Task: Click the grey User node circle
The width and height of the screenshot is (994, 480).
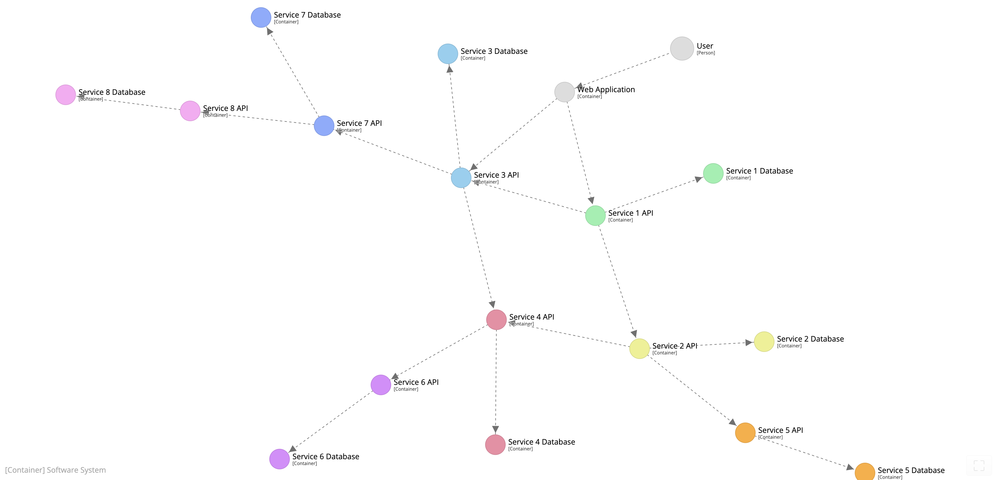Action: click(x=682, y=49)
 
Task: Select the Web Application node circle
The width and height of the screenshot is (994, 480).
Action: click(x=565, y=92)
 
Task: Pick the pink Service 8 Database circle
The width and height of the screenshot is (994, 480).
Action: click(x=66, y=95)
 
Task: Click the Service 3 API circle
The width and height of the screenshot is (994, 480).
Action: click(x=461, y=178)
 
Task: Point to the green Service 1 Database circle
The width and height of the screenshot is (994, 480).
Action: click(x=713, y=174)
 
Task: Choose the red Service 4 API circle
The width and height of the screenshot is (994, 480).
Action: click(x=496, y=320)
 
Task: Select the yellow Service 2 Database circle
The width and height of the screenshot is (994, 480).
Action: click(x=764, y=342)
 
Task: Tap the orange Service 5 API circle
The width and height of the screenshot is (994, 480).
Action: click(x=745, y=433)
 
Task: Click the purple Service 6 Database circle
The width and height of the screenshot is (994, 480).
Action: click(x=279, y=459)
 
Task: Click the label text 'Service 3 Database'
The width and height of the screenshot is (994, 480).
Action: click(x=494, y=51)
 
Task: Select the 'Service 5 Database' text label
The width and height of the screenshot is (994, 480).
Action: click(x=911, y=470)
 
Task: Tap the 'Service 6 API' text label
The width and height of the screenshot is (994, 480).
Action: click(x=416, y=382)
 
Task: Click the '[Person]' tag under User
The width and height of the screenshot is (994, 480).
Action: click(x=706, y=53)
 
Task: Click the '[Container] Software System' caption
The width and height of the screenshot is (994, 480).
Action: click(x=56, y=470)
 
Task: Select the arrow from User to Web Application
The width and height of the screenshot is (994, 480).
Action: click(x=623, y=70)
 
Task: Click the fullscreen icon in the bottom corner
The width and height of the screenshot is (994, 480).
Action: click(x=979, y=465)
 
